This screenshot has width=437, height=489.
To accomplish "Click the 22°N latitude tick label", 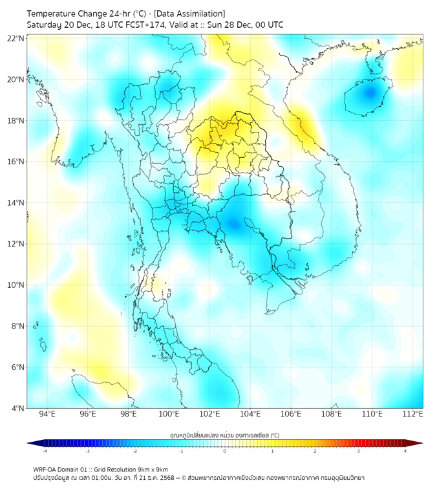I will pos(16,39).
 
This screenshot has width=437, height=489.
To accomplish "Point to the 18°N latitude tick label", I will pos(16,121).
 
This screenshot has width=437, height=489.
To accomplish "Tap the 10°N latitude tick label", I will pos(16,285).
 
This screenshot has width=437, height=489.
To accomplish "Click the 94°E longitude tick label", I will pos(47,414).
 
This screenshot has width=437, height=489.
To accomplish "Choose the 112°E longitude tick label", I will pos(412,414).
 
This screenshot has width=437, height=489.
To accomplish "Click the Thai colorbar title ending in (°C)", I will pos(224,435).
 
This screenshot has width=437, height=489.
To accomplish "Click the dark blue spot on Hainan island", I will pos(370,92).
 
